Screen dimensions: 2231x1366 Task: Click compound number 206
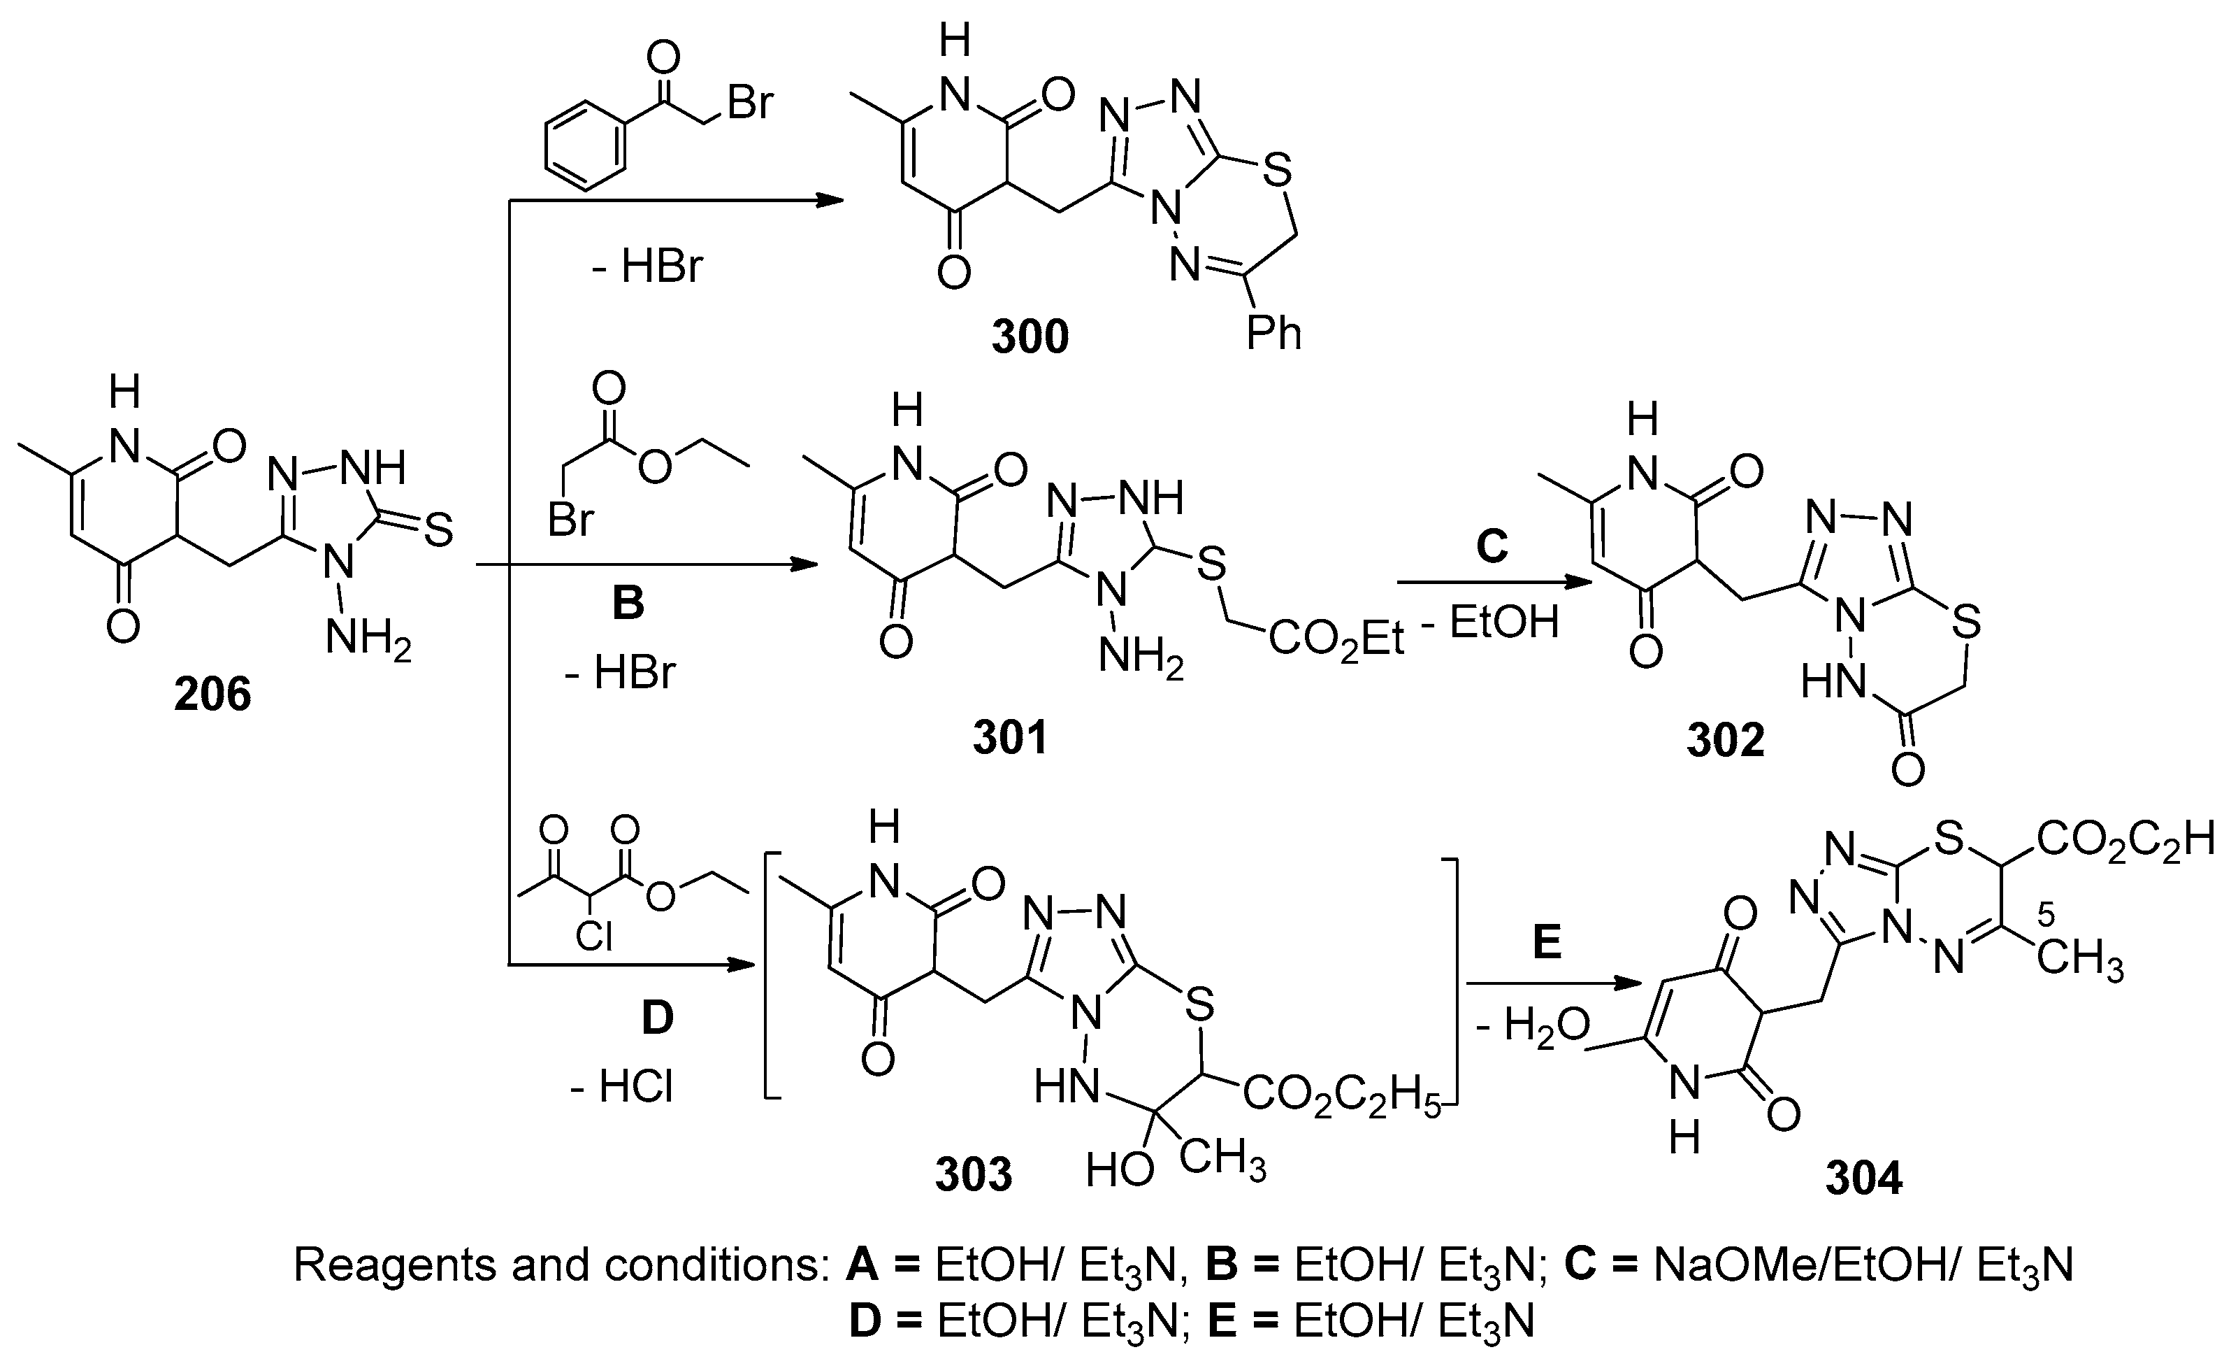[x=212, y=695]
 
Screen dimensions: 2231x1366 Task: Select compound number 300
[x=1030, y=337]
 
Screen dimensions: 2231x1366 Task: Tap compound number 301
[x=1009, y=737]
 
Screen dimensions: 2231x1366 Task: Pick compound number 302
[x=1725, y=740]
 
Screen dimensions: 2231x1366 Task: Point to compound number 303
[x=974, y=1175]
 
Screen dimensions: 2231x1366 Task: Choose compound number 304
[x=1863, y=1179]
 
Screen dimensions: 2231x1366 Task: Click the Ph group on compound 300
[x=1274, y=334]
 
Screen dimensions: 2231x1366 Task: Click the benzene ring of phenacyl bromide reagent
[x=586, y=145]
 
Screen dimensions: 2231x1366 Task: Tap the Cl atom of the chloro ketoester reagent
[x=594, y=936]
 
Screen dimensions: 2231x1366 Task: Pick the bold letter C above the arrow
[x=1492, y=546]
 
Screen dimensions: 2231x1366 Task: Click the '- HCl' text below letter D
[x=622, y=1087]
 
